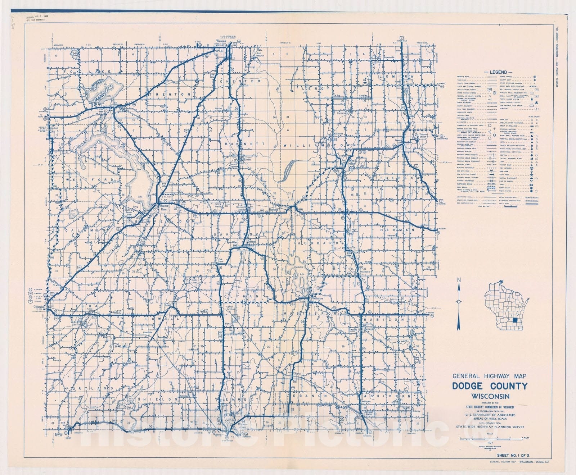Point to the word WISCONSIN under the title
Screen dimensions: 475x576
click(489, 396)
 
